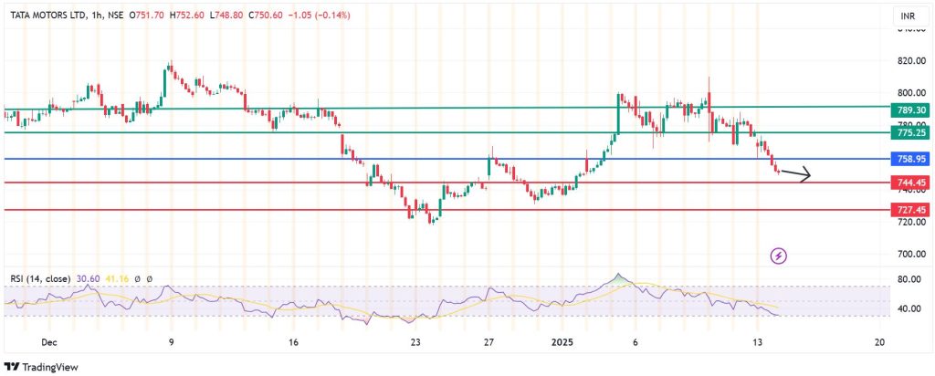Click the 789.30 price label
pos(911,110)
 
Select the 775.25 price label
pos(911,133)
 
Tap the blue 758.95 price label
pos(911,160)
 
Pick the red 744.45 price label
pos(911,183)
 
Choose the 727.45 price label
pos(911,211)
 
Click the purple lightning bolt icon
pos(779,256)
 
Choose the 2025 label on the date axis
pos(563,342)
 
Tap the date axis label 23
pos(415,342)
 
